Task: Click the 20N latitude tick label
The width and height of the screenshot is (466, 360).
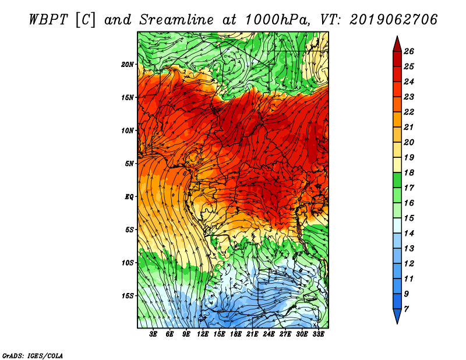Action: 128,65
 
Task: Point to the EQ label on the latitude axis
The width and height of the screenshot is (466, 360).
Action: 129,197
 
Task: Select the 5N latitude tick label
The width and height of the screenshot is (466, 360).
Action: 129,164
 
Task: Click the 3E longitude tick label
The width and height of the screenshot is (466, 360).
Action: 153,334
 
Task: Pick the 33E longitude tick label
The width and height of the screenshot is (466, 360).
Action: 318,334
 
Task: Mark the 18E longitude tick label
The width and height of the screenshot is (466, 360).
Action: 236,334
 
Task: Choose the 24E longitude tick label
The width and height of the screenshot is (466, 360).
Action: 269,334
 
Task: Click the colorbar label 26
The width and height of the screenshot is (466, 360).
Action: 409,51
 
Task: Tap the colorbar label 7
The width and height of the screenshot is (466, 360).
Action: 406,309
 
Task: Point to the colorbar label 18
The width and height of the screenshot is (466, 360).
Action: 409,172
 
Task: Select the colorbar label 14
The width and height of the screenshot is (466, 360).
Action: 409,234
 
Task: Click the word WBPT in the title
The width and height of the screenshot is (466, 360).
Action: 48,20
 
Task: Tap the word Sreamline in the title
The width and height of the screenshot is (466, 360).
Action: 176,20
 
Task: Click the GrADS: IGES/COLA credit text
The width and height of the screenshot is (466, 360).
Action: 33,356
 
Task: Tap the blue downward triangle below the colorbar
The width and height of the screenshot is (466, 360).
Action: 397,315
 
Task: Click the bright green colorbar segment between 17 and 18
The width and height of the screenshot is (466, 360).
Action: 397,180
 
